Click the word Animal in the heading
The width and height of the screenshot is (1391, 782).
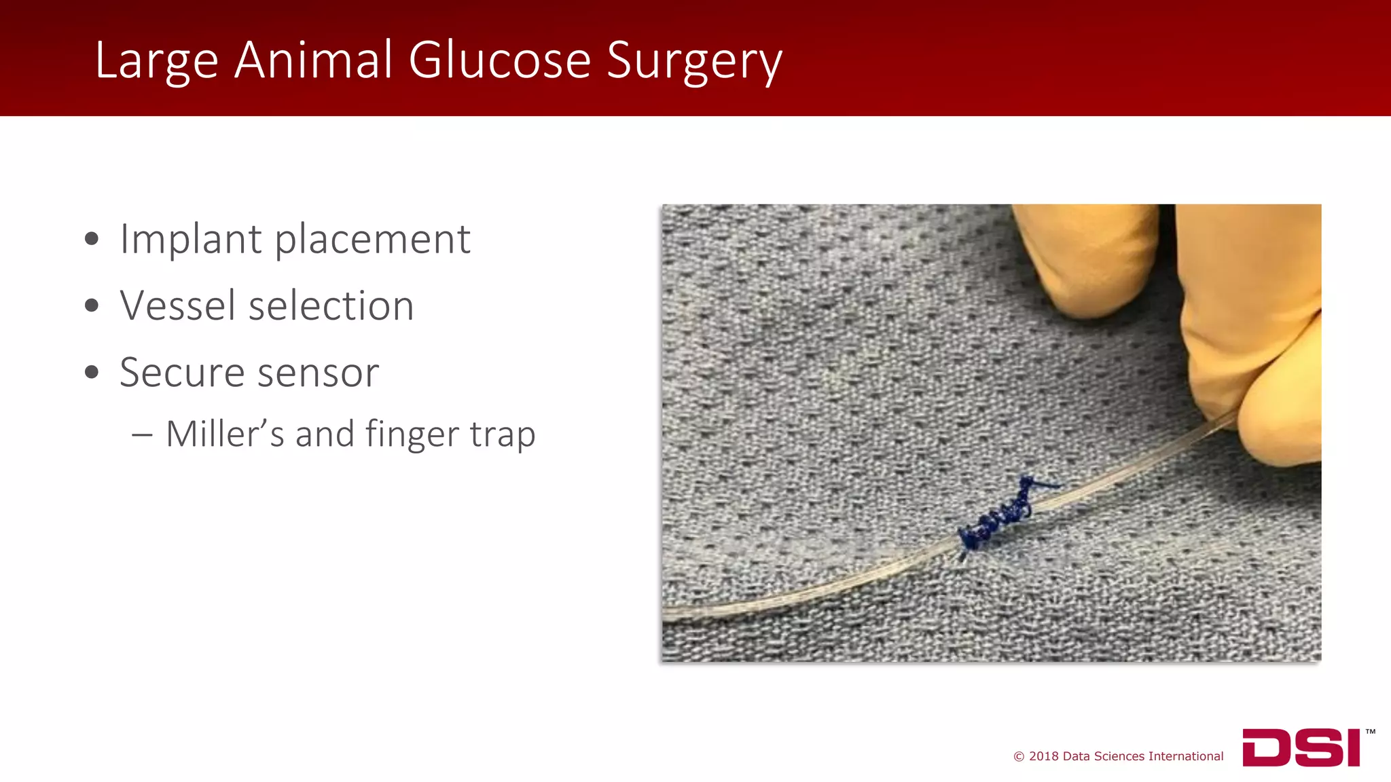[313, 60]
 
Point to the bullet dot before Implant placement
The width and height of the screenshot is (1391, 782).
[92, 239]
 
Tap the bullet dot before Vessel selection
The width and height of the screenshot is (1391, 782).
[92, 305]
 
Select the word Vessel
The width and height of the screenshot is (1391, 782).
[177, 305]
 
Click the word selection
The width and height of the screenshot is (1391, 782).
[331, 305]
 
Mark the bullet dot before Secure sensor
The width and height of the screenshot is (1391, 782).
[92, 372]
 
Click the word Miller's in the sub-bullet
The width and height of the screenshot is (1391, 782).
[225, 434]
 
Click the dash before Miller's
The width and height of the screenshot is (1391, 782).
[142, 434]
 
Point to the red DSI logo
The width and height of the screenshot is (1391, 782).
[1301, 747]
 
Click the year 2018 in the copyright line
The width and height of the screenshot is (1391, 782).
[1043, 756]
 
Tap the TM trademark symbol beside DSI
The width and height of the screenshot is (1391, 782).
[1370, 732]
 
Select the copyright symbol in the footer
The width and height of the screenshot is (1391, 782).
[1019, 756]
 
